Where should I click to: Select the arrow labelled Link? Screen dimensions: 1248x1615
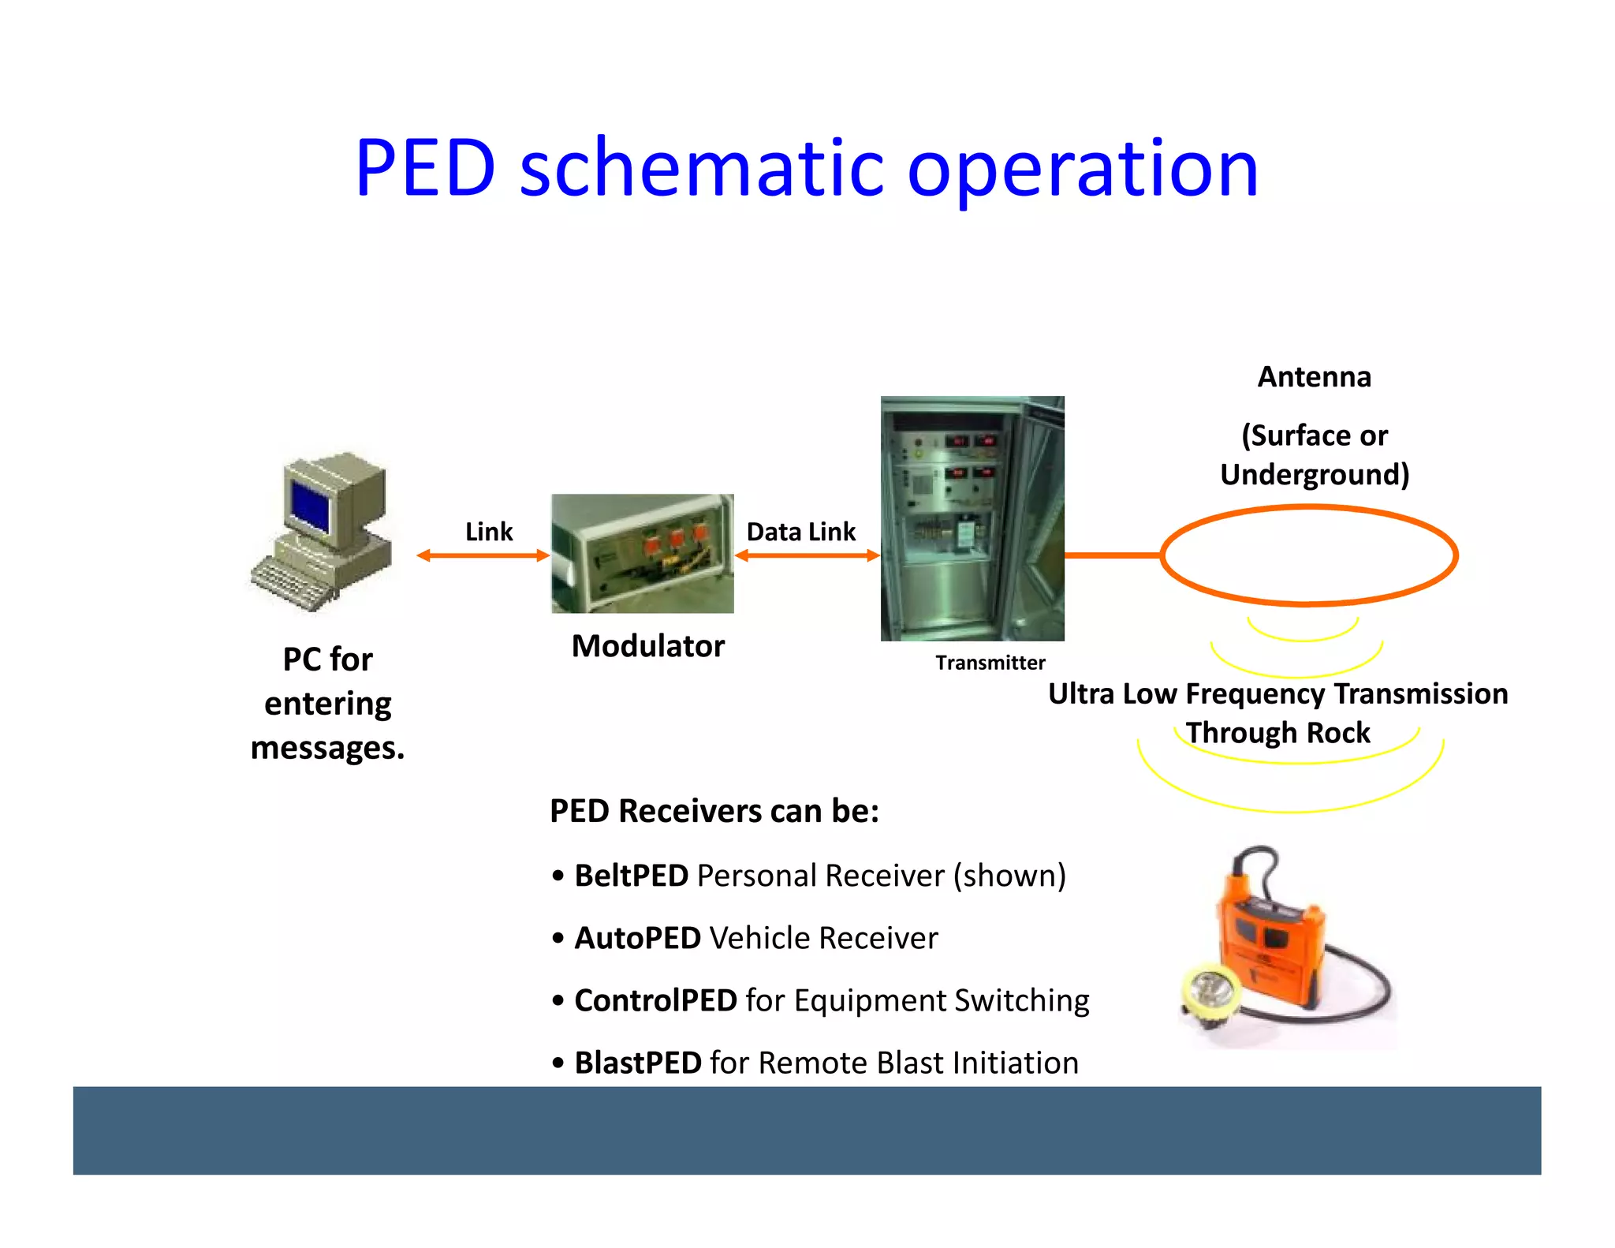(x=483, y=555)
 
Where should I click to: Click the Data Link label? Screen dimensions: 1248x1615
(x=800, y=532)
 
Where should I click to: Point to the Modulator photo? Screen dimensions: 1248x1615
(x=642, y=553)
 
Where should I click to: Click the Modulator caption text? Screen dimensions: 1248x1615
(x=647, y=646)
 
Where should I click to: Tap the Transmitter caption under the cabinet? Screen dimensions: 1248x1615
(x=990, y=663)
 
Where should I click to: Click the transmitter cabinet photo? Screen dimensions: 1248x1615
(x=972, y=518)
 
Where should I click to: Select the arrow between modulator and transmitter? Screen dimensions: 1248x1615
(x=807, y=555)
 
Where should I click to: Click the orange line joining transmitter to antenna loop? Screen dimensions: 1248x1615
(x=1112, y=555)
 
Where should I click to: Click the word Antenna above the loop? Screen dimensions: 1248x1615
(x=1314, y=377)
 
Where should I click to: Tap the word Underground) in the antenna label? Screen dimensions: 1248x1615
(x=1314, y=475)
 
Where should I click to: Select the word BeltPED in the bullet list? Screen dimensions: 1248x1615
(x=631, y=876)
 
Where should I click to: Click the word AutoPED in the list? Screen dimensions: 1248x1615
(x=637, y=938)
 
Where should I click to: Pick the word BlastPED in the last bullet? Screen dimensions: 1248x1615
(x=637, y=1063)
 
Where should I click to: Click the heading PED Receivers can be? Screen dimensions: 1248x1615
(x=714, y=811)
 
